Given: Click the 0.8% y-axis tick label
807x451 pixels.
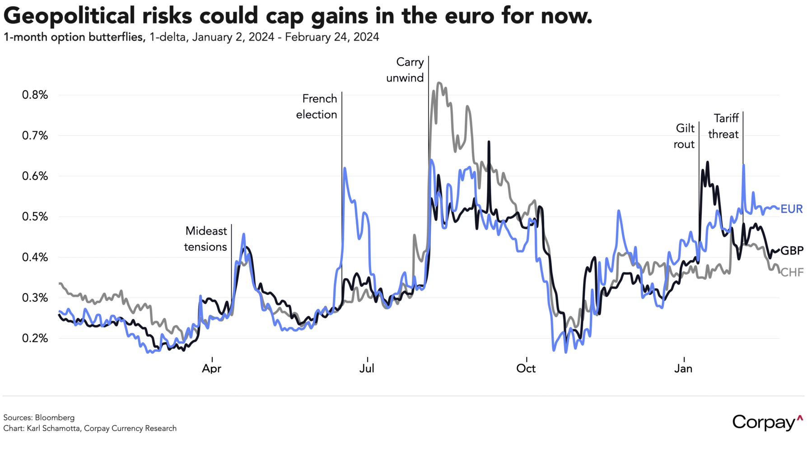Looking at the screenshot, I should tap(35, 95).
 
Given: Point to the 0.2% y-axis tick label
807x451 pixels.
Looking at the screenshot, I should tap(35, 338).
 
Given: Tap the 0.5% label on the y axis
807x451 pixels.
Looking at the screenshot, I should tap(35, 216).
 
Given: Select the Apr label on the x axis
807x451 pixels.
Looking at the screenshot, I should tap(211, 368).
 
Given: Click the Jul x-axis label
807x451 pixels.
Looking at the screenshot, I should tap(367, 368).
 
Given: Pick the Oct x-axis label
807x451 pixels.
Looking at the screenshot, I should tap(526, 368).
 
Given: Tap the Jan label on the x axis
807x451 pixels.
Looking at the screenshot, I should tap(683, 368).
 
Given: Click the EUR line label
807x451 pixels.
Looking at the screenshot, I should tap(792, 209).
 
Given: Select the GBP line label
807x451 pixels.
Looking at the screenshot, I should tap(792, 251).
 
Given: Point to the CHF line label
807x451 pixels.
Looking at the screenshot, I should tap(792, 272).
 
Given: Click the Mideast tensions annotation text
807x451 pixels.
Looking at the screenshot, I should tap(206, 239).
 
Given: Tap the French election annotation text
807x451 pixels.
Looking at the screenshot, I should tap(317, 106).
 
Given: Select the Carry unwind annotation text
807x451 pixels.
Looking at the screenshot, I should tap(406, 70).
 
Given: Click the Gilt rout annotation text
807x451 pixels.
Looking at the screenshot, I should tap(684, 136).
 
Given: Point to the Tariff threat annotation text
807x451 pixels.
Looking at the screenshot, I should tap(724, 126).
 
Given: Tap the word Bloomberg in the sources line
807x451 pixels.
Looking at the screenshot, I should tap(55, 418).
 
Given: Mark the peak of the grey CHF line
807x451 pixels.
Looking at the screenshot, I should tap(439, 83).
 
